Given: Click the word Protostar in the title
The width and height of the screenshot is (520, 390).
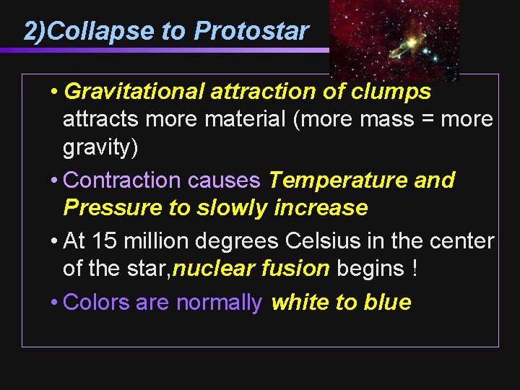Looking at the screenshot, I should click(251, 31).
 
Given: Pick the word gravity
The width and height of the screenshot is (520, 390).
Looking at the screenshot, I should click(97, 147).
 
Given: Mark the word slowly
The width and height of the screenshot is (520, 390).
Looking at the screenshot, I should click(233, 208).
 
